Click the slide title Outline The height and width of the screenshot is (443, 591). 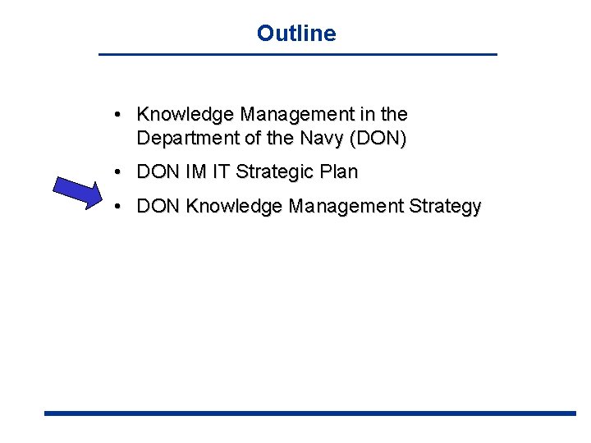(295, 33)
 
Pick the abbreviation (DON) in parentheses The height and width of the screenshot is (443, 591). (378, 139)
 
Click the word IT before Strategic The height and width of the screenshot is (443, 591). (223, 172)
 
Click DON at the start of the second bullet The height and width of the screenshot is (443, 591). (159, 172)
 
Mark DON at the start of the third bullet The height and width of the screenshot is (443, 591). (159, 207)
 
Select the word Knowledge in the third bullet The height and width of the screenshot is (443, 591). (234, 207)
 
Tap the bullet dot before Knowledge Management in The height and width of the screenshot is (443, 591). (119, 114)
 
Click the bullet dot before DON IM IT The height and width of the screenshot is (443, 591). (119, 172)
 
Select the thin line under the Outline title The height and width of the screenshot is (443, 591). (297, 54)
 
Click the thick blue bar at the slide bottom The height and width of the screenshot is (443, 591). (310, 413)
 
